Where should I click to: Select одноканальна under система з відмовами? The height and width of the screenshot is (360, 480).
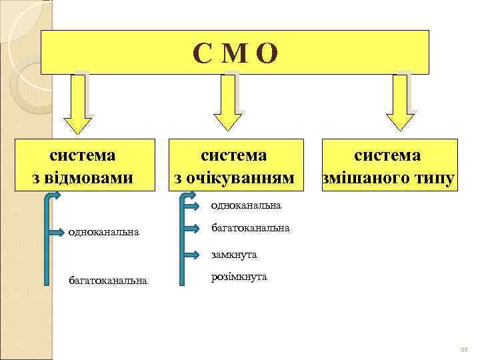[104, 232]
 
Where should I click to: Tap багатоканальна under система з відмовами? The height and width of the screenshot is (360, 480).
[108, 281]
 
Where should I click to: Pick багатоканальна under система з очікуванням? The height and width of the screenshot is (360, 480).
[250, 228]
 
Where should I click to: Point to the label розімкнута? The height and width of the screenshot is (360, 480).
[239, 277]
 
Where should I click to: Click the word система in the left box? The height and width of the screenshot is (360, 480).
[83, 155]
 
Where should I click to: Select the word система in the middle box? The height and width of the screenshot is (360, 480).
[234, 155]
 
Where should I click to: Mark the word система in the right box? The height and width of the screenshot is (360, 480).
[387, 155]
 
